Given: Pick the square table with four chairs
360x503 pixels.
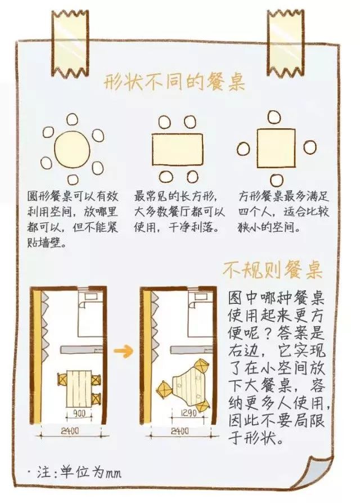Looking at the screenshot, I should click(x=276, y=148).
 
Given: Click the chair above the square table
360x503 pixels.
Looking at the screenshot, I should click(x=274, y=117).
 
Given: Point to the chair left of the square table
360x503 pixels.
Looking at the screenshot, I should click(x=243, y=149).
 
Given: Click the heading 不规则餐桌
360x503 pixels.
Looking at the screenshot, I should click(x=272, y=270).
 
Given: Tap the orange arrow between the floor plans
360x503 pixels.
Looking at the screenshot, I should click(x=124, y=352).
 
